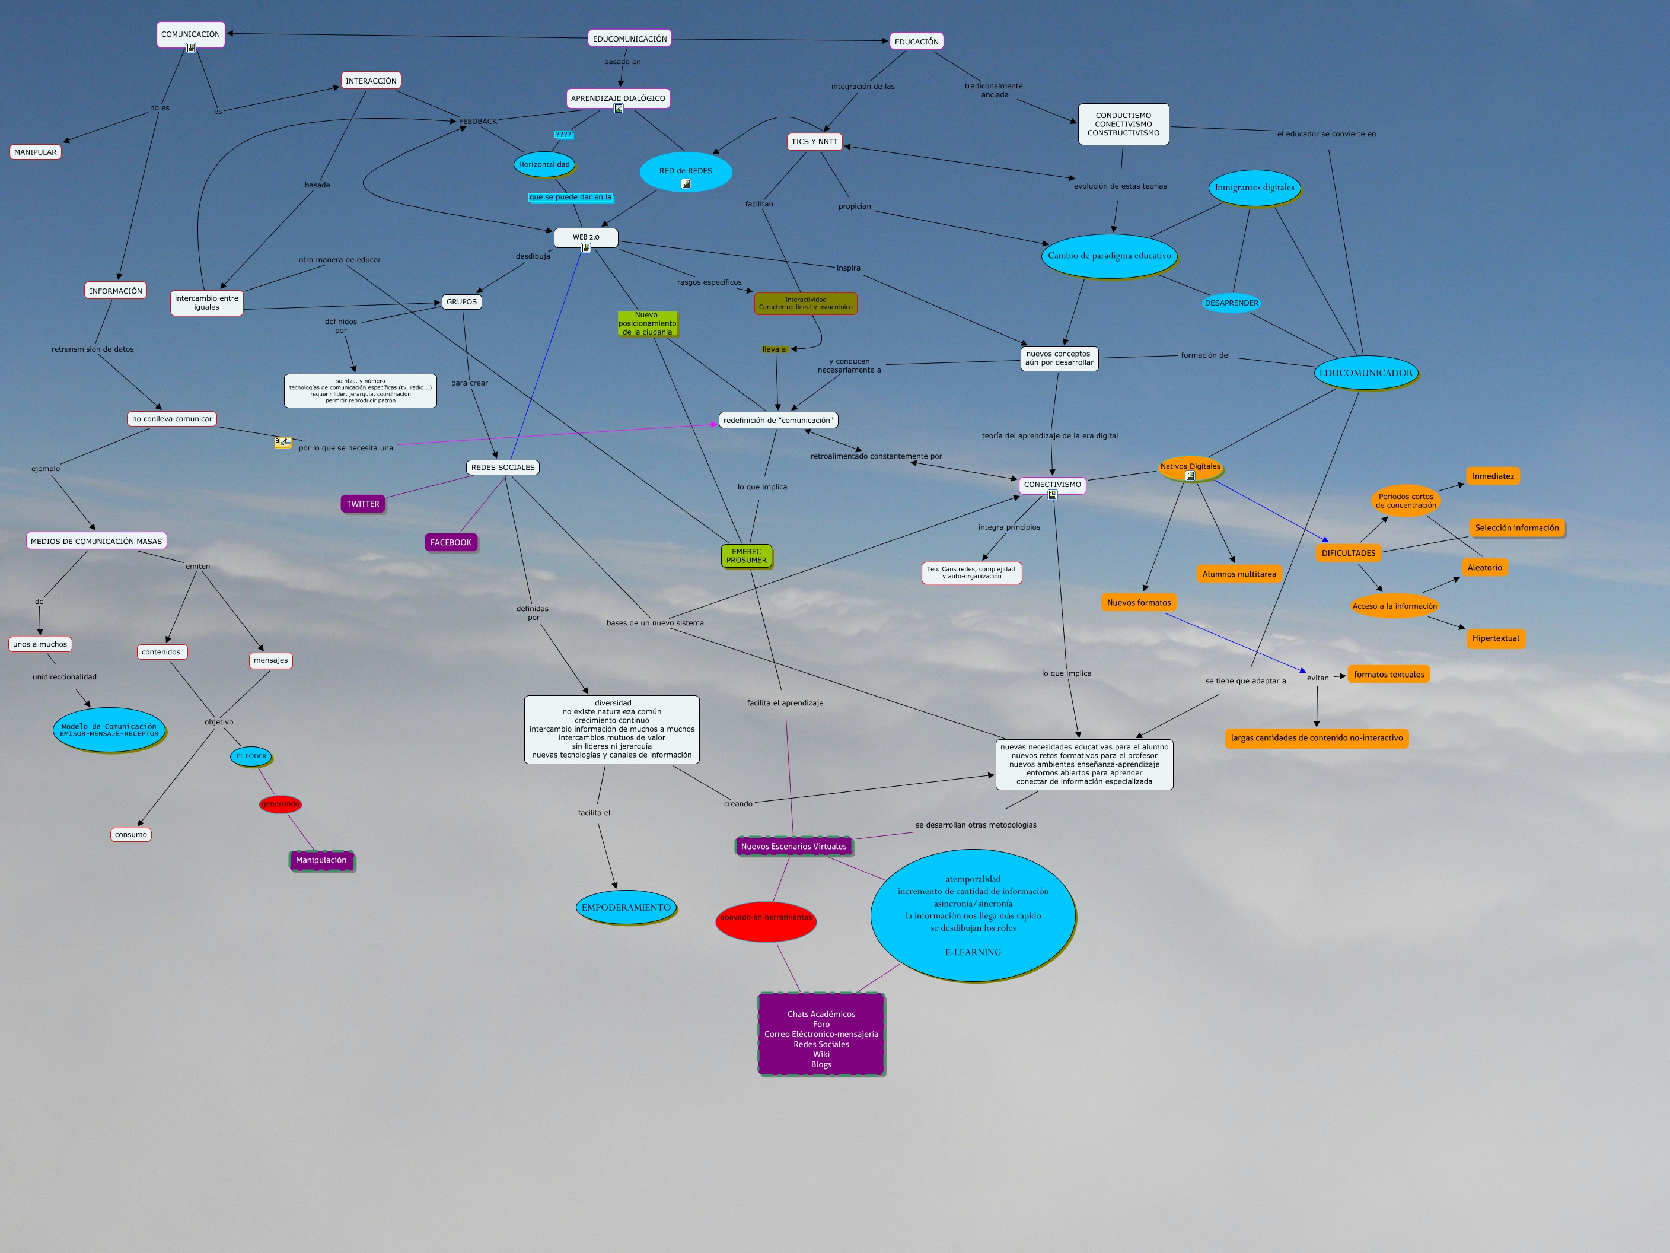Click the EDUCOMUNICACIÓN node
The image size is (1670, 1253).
click(x=630, y=39)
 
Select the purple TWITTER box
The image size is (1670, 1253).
click(x=363, y=504)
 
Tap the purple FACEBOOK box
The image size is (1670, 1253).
click(x=451, y=542)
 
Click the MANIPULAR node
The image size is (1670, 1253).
click(x=36, y=152)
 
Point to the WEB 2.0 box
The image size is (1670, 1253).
click(x=586, y=237)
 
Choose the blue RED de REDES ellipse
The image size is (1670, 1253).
click(x=686, y=172)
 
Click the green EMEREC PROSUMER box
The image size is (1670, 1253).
click(x=747, y=556)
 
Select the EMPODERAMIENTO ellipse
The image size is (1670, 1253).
click(x=626, y=907)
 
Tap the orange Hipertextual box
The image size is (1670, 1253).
click(x=1495, y=638)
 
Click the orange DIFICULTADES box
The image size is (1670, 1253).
click(x=1349, y=553)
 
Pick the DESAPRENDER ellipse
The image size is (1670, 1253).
click(x=1231, y=303)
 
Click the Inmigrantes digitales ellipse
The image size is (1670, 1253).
click(x=1254, y=187)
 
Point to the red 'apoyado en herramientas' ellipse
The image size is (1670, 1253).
click(x=766, y=918)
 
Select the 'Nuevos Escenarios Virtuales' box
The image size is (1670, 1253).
click(x=793, y=846)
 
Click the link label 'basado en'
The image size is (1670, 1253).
click(x=622, y=62)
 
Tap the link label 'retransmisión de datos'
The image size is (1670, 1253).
click(x=93, y=349)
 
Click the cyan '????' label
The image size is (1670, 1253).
click(x=563, y=135)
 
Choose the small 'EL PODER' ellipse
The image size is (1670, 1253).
click(x=251, y=756)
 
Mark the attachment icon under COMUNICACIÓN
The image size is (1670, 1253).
click(x=191, y=47)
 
